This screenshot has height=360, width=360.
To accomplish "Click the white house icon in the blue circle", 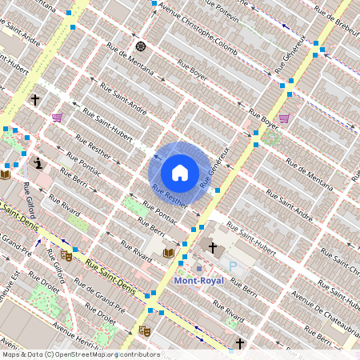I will point(180,172).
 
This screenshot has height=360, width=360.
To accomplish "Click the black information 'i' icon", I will point(38,164).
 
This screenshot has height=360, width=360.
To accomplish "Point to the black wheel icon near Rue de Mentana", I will point(142,46).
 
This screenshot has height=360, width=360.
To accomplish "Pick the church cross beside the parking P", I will point(212,248).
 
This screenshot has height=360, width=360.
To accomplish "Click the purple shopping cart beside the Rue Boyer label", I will point(284,118).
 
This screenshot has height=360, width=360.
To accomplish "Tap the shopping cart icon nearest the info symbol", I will point(57,118).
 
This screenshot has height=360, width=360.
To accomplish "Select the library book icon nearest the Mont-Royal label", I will point(168,253).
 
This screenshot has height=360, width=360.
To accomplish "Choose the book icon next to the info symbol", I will point(6,174).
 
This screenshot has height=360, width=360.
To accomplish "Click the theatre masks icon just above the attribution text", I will point(145,330).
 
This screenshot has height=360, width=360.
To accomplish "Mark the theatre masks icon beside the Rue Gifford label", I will point(66,256).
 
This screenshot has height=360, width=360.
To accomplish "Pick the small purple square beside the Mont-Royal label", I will point(199,269).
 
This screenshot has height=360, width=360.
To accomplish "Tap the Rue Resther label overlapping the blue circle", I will point(170,195).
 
